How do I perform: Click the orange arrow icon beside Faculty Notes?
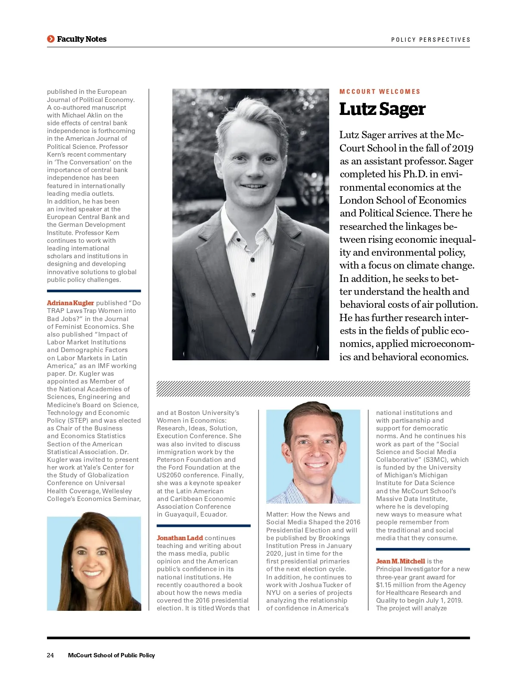[x=51, y=39]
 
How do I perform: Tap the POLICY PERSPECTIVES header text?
[x=430, y=40]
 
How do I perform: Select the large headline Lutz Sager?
[x=382, y=109]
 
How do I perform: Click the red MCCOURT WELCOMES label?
[x=380, y=92]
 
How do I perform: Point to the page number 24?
[x=50, y=655]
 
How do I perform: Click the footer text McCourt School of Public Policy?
[x=111, y=655]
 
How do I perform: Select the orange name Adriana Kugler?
[x=70, y=303]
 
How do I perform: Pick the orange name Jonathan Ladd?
[x=180, y=538]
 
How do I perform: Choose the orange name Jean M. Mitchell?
[x=400, y=561]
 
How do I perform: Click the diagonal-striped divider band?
[x=313, y=388]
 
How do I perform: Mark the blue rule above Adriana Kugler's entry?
[x=94, y=291]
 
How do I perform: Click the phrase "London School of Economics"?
[x=402, y=201]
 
